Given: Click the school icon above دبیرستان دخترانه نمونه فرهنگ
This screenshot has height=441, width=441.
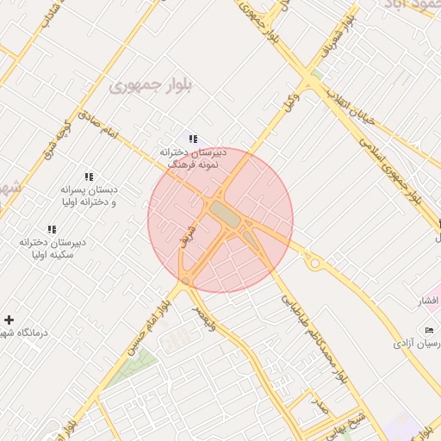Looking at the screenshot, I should click(193, 138).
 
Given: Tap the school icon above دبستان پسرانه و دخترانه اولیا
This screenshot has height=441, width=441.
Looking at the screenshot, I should click(90, 177).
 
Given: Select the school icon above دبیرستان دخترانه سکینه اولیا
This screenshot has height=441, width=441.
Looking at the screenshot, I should click(52, 229).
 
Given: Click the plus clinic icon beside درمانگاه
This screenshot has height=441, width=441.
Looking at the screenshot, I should click(9, 320).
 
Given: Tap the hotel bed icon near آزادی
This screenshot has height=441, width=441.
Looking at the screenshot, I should click(430, 331).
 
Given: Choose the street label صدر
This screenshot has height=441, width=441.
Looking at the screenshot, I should click(320, 407).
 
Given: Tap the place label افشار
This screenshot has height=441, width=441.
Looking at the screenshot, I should click(428, 301).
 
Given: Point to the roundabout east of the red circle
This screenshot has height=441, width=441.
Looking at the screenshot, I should click(314, 263).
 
